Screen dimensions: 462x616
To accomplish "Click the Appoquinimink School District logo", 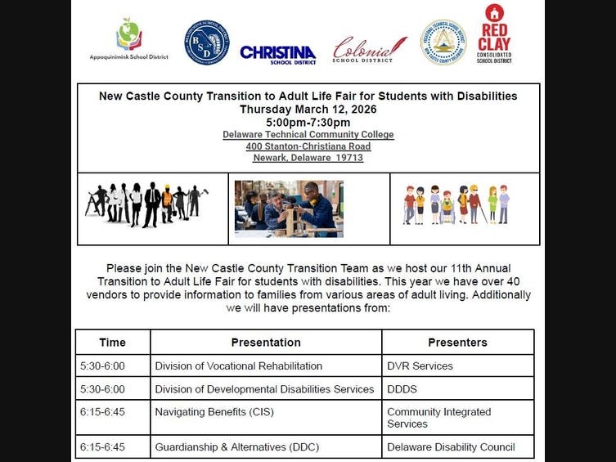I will [x=129, y=39].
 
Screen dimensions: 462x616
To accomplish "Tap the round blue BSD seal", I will [x=206, y=43].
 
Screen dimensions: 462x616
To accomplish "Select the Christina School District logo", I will [x=278, y=54].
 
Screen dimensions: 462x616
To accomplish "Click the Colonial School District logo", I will [x=369, y=49].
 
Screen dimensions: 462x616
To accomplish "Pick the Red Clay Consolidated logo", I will [x=494, y=34].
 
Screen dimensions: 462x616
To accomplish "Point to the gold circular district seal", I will [x=443, y=43].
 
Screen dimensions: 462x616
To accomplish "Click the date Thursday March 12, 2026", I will [x=308, y=109].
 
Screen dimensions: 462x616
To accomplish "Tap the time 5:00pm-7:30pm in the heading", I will [x=308, y=122].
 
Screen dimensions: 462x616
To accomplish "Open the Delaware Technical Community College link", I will [x=308, y=134].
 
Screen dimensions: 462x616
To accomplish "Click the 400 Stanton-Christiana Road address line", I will [x=308, y=146].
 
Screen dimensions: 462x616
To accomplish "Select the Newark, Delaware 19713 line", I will [x=308, y=158].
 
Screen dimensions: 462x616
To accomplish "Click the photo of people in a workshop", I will [x=289, y=208].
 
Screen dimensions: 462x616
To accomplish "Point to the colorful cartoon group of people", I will [x=456, y=204].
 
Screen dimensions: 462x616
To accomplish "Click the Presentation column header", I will [x=266, y=343].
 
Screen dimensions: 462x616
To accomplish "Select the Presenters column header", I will [x=457, y=343].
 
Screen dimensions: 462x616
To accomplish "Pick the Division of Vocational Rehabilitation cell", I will [x=239, y=366].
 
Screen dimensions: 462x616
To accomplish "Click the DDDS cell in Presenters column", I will [x=403, y=388].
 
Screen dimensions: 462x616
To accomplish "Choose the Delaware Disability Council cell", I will [x=451, y=447].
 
